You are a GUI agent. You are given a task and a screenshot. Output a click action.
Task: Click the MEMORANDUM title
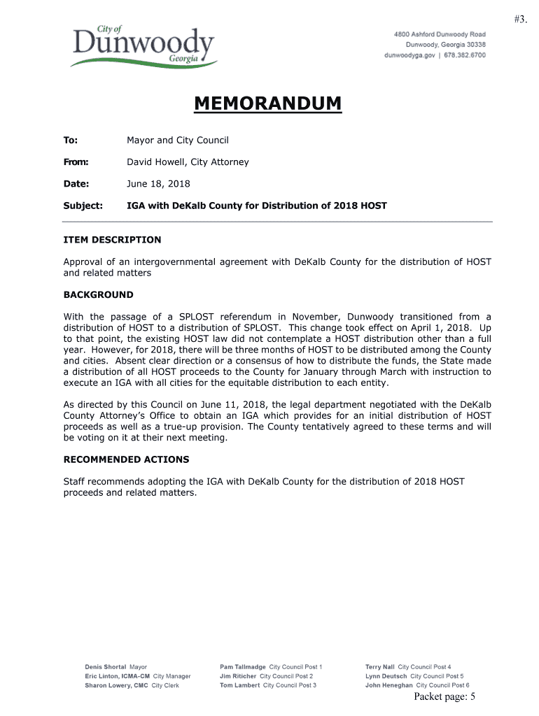click(268, 103)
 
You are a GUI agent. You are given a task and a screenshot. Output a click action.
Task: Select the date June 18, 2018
click(158, 184)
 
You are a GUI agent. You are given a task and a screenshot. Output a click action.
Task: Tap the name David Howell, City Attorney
click(188, 162)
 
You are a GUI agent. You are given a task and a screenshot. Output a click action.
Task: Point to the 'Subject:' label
click(83, 206)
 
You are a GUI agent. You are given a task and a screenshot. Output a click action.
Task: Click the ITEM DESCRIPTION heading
click(112, 240)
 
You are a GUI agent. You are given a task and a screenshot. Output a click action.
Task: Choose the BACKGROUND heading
click(98, 295)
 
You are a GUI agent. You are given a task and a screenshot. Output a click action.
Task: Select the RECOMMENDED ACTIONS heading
click(126, 459)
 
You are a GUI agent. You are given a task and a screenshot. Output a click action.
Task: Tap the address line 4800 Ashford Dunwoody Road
click(440, 34)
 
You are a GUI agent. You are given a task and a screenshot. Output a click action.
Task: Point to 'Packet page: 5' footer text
click(444, 696)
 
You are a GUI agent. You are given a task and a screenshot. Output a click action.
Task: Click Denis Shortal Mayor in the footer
click(116, 667)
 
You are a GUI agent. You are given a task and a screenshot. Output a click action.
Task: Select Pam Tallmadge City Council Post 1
click(271, 667)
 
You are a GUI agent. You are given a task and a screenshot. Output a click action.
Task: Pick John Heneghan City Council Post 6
click(417, 685)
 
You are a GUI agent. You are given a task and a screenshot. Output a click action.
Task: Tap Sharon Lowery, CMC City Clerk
click(132, 685)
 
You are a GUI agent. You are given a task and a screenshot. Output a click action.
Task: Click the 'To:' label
click(71, 141)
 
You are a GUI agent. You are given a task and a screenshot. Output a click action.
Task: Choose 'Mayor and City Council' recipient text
click(178, 141)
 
